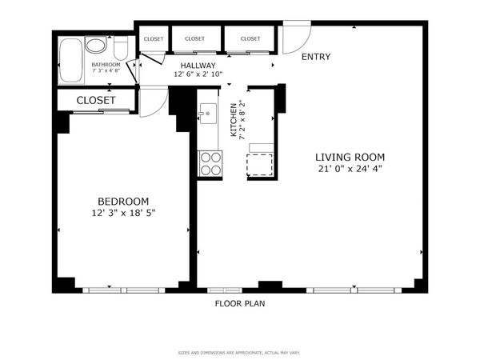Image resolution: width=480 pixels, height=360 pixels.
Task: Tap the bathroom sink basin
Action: click(95, 45)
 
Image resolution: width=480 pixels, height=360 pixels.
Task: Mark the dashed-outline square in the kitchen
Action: click(262, 163)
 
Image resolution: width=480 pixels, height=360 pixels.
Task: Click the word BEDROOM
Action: click(122, 201)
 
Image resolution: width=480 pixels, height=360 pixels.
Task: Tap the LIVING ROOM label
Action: click(350, 157)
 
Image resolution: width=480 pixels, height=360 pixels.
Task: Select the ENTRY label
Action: click(315, 57)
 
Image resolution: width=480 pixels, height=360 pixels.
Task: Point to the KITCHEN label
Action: click(234, 120)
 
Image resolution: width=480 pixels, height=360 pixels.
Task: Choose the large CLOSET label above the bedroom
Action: click(96, 100)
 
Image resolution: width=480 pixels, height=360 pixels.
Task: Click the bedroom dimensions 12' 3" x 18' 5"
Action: click(122, 213)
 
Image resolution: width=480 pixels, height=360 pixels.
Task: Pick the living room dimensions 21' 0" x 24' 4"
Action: click(350, 169)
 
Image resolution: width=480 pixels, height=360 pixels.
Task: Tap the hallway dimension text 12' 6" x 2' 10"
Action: click(198, 74)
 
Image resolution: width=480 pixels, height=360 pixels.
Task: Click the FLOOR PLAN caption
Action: click(239, 303)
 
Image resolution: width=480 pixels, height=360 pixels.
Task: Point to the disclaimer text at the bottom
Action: click(239, 352)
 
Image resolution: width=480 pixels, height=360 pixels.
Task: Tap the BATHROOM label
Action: click(106, 64)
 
